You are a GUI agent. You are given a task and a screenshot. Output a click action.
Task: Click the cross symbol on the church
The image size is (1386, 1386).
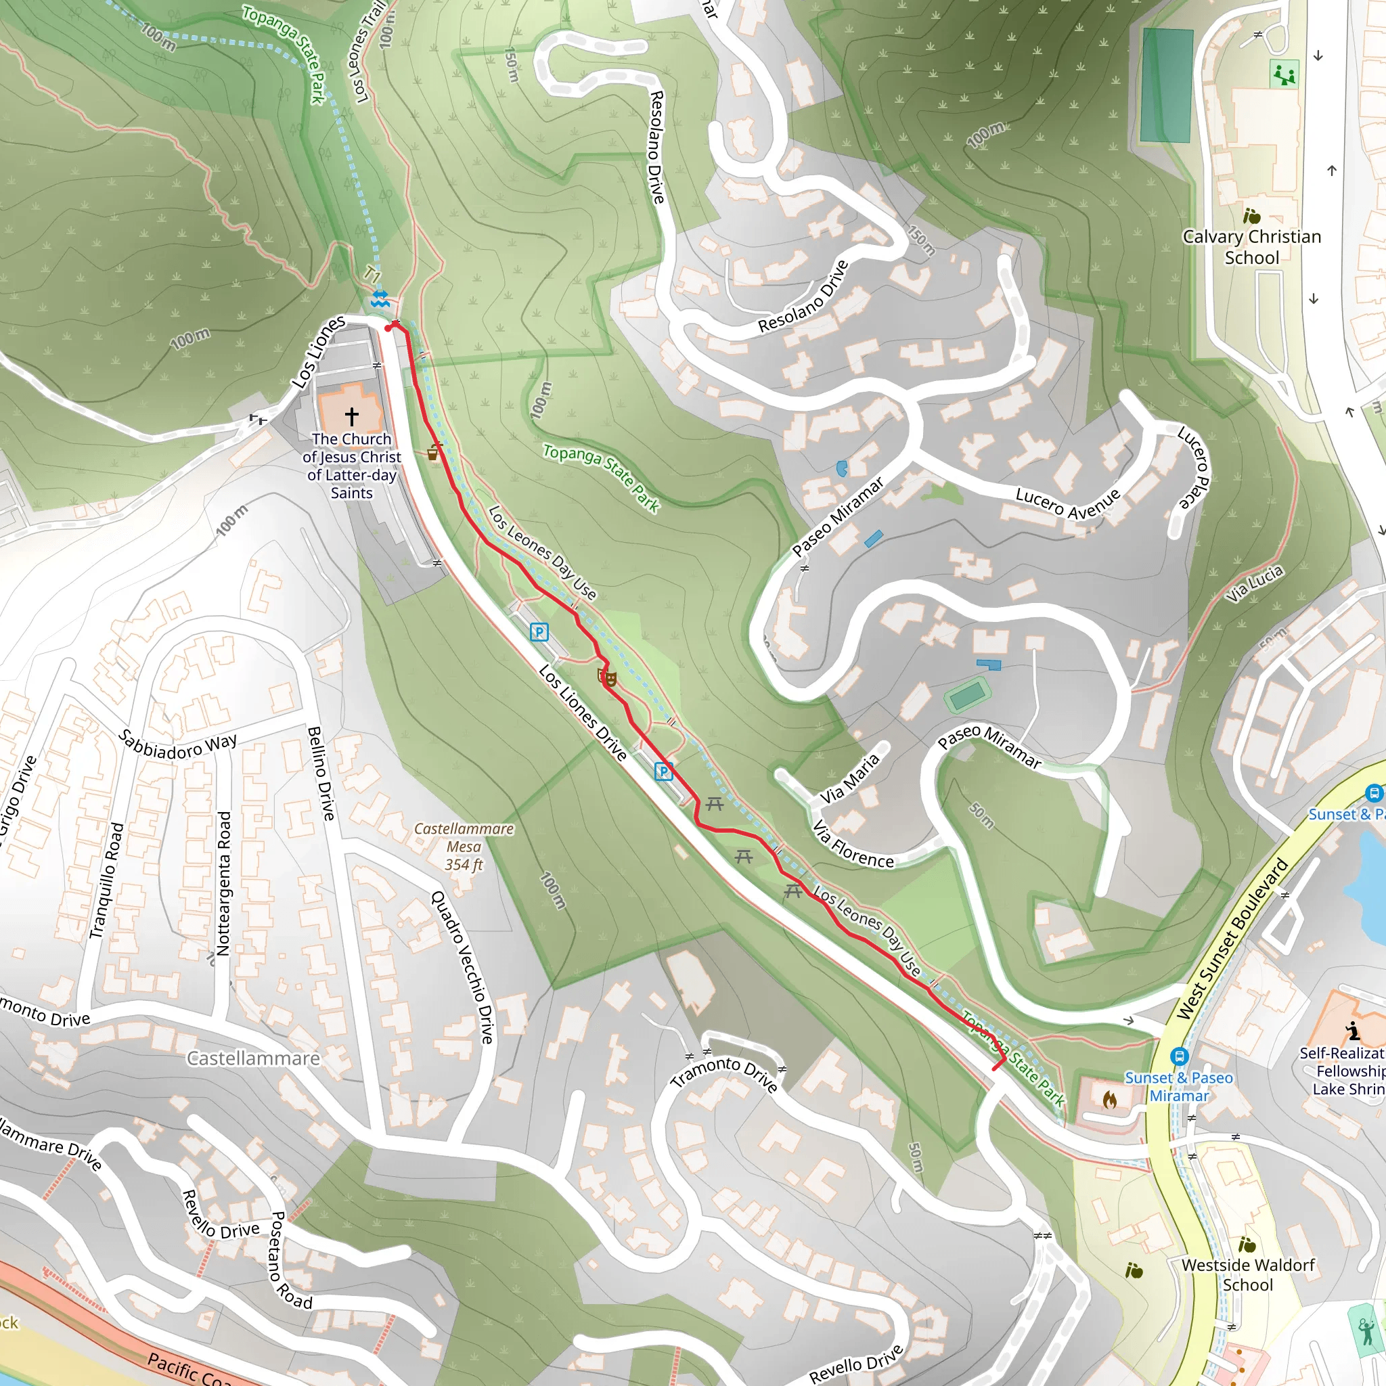pos(351,416)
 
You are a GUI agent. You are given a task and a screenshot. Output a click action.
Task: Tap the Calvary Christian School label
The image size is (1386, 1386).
pos(1252,247)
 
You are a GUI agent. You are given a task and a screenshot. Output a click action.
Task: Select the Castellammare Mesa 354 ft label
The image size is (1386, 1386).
pos(464,847)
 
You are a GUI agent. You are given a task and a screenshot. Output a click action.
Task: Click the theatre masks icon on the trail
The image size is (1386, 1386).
pos(608,677)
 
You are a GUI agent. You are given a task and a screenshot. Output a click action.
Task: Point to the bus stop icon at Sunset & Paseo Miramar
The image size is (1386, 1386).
pos(1179,1056)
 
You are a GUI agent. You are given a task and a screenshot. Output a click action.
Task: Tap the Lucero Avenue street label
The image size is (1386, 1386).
pos(1067,503)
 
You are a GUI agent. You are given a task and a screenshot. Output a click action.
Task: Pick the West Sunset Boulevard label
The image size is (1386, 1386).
pos(1232,939)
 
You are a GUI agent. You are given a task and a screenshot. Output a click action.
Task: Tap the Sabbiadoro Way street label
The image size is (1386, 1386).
pos(177,745)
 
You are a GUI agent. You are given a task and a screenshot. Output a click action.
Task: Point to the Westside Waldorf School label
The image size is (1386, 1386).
pos(1248,1275)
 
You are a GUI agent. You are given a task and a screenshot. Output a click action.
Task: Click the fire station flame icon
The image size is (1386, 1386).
pos(1109,1098)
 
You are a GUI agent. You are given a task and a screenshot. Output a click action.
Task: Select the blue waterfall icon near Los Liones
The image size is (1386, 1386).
pos(380,299)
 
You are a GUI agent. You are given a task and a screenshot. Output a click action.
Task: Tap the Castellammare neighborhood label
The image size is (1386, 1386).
pos(253,1058)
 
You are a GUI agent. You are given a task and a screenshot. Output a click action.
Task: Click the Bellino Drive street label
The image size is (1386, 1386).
pos(321,773)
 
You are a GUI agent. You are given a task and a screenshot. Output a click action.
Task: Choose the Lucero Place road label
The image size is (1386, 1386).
pos(1194,467)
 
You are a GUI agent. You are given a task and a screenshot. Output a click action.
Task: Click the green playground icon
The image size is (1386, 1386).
pos(1283,74)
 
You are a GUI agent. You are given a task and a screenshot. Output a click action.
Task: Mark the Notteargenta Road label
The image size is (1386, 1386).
pos(223,883)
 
